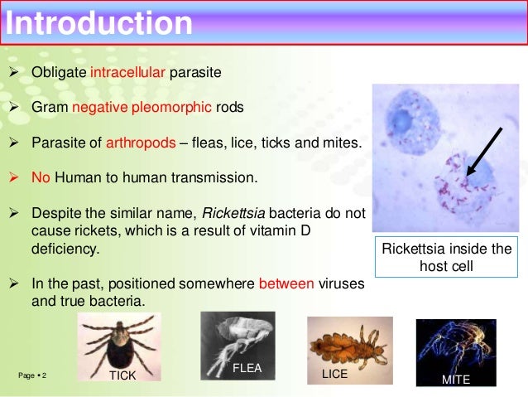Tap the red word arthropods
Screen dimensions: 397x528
(141, 143)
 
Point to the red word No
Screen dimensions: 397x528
(41, 177)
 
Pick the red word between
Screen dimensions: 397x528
(286, 283)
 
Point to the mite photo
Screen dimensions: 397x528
(455, 350)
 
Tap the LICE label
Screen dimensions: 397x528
(334, 375)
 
